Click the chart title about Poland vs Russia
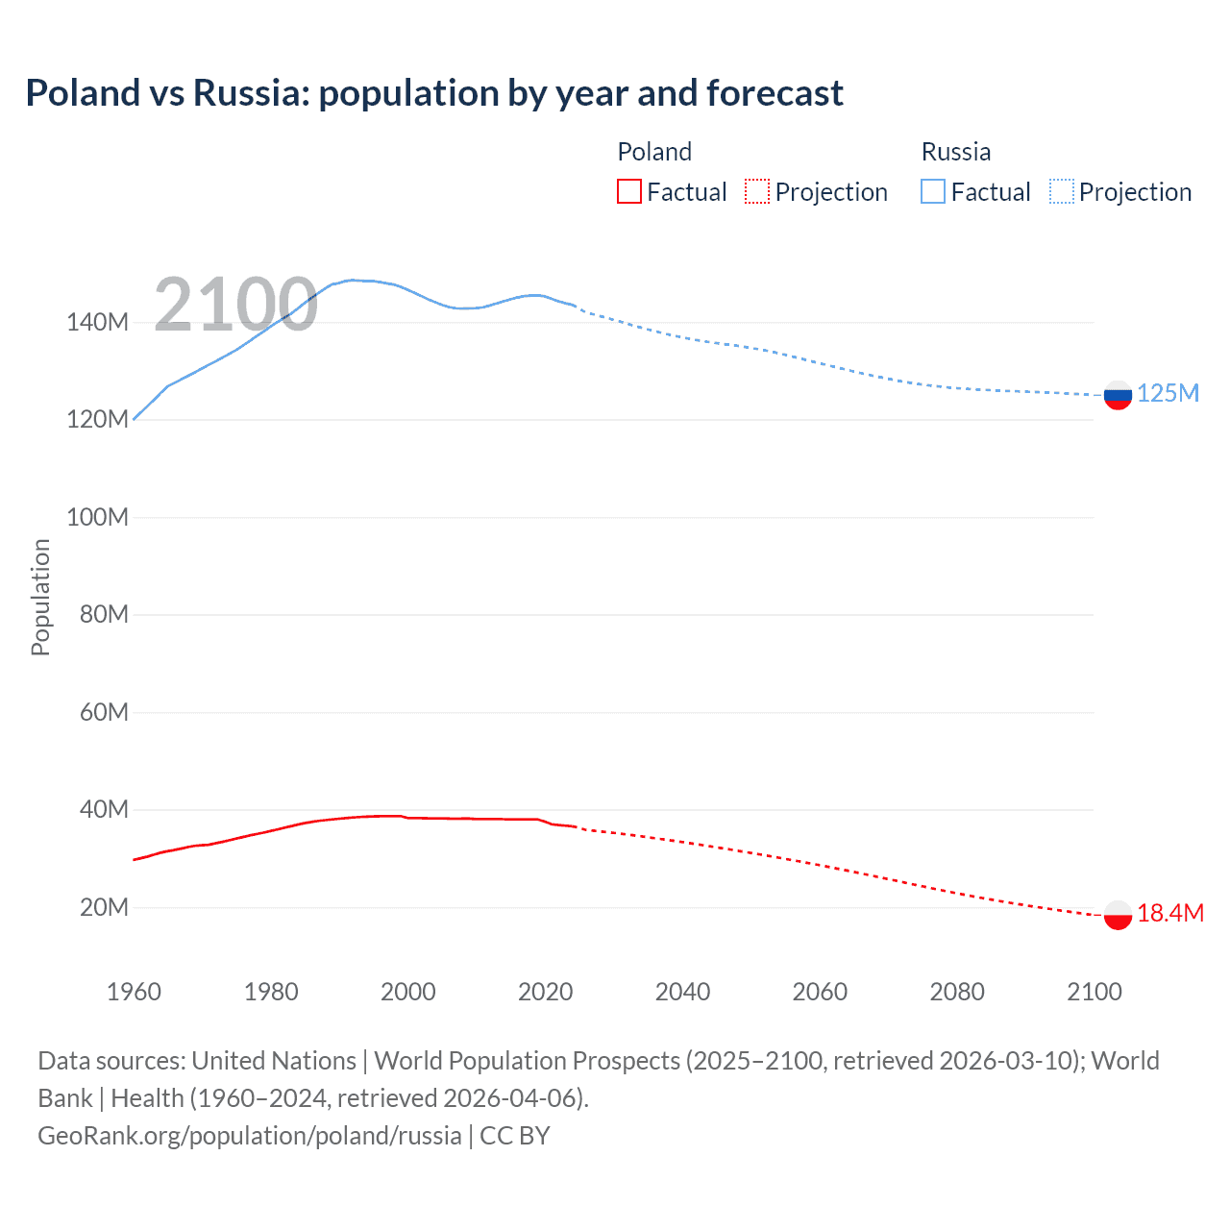point(434,93)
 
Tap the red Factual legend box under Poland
point(628,191)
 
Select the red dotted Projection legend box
point(757,191)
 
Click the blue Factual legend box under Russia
point(933,191)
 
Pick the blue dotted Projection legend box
point(1062,191)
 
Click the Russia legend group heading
point(955,152)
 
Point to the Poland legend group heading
point(653,152)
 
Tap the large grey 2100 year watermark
point(235,305)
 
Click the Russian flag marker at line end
point(1118,395)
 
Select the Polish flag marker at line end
point(1118,915)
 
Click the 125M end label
point(1168,394)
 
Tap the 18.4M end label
point(1170,914)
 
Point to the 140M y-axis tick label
point(97,322)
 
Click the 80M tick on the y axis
point(104,614)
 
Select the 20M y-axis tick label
point(104,907)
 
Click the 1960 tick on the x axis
point(134,992)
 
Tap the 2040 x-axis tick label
point(682,992)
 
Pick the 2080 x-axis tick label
point(957,992)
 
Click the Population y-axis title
point(40,597)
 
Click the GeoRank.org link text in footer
point(250,1136)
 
